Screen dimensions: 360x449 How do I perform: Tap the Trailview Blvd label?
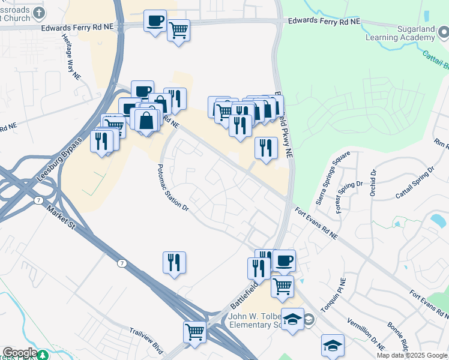tap(146, 340)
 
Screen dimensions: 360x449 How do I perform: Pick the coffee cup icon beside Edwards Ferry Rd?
tap(155, 22)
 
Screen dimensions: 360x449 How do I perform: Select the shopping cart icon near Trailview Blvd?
tap(194, 331)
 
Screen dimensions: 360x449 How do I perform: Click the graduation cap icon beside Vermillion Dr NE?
tap(333, 344)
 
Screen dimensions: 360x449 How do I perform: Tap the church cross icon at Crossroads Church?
tap(39, 13)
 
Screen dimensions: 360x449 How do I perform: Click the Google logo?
tap(20, 353)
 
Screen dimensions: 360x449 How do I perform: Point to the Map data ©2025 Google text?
tap(411, 355)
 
